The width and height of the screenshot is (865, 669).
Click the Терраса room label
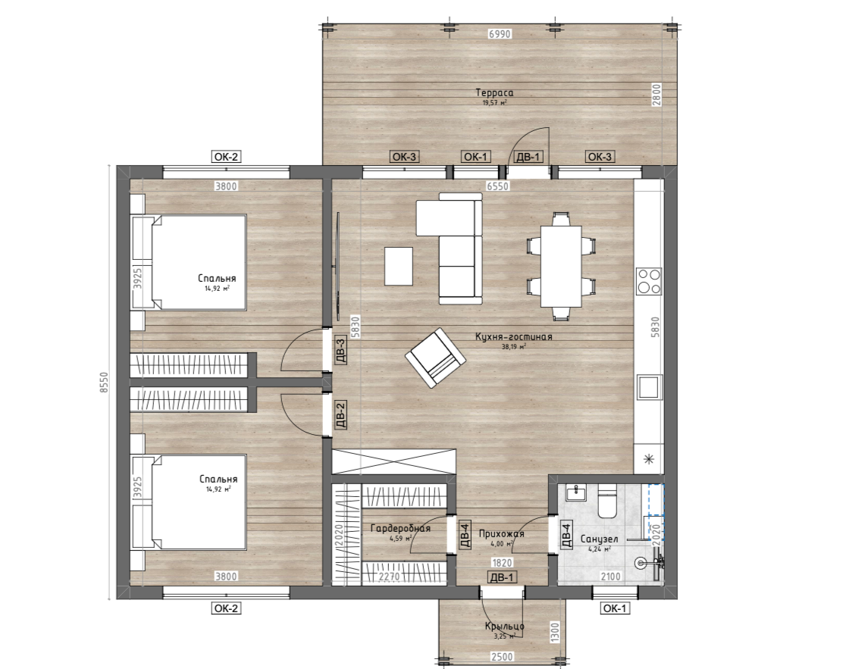coord(494,92)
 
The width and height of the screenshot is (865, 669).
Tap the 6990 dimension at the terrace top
coord(500,33)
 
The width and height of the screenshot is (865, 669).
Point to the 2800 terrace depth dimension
coord(656,94)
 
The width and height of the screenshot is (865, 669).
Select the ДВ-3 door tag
coord(341,351)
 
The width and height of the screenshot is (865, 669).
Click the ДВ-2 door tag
coord(340,415)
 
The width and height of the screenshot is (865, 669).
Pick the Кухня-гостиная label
coord(514,336)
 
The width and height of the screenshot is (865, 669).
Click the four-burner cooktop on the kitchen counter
coord(649,281)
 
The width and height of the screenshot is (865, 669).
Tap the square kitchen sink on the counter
coord(649,386)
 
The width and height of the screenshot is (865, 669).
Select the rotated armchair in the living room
coord(436,358)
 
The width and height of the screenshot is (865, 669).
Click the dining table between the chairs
coord(561,267)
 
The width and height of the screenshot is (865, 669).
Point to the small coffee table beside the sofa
coord(399,267)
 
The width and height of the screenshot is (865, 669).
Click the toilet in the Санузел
coord(607,501)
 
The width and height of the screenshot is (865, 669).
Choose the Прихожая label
coord(501,534)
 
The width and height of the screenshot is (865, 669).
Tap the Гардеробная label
coord(400,528)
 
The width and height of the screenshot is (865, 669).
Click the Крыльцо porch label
coord(505,626)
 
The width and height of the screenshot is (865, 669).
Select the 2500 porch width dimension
coord(502,657)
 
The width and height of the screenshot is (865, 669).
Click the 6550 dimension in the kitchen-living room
coord(497,186)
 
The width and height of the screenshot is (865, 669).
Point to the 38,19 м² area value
coord(513,347)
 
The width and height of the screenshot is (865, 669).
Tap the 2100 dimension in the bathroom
coord(611,577)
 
